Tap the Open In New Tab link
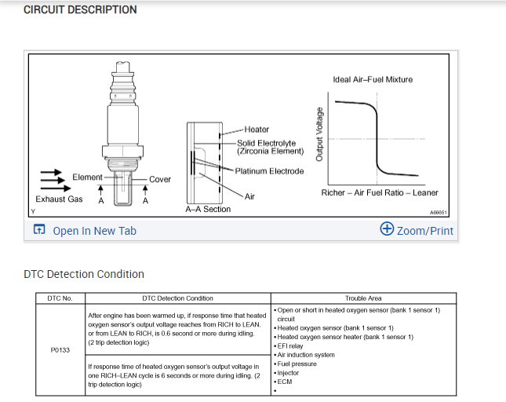click(x=93, y=230)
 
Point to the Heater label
click(x=257, y=130)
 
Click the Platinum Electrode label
click(x=269, y=171)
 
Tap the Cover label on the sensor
click(x=160, y=180)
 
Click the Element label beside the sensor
click(x=87, y=177)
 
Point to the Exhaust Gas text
click(x=59, y=199)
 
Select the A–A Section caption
click(x=208, y=210)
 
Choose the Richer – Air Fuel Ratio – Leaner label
click(x=380, y=192)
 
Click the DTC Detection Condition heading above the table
click(x=84, y=274)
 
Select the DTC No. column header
click(x=60, y=298)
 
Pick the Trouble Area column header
click(x=363, y=298)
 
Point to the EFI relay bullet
click(x=290, y=345)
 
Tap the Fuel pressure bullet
click(x=297, y=364)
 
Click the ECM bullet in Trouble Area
click(x=284, y=381)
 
